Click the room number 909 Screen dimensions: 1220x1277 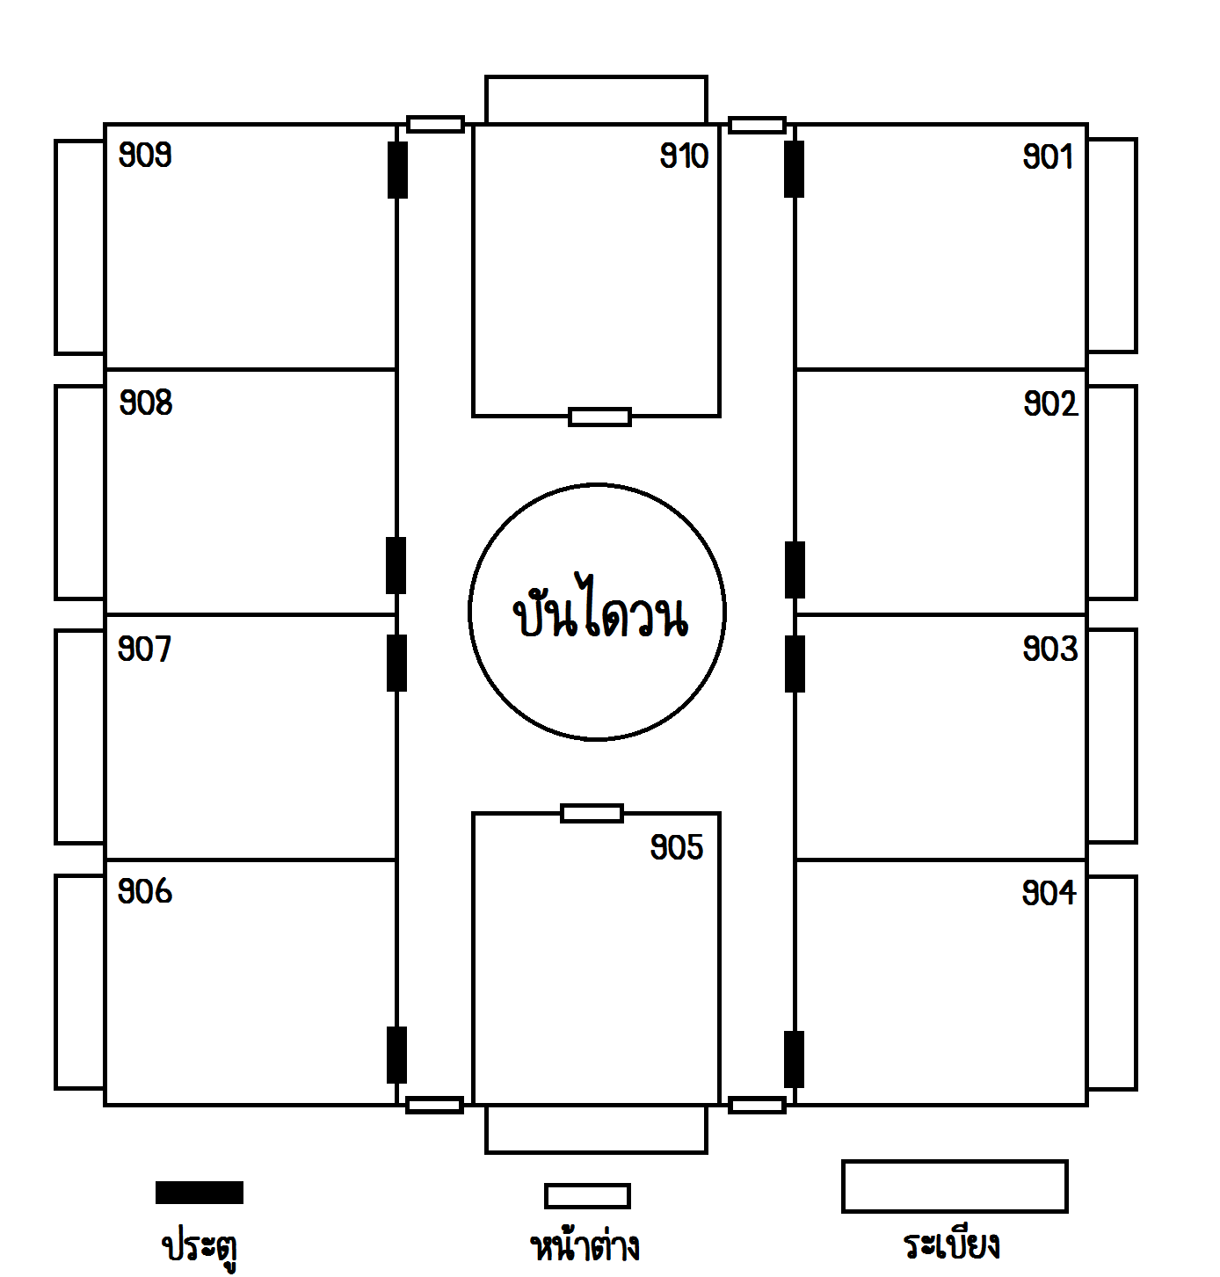(x=145, y=156)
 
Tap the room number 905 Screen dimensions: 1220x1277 (x=677, y=847)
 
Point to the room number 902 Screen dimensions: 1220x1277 (x=1050, y=404)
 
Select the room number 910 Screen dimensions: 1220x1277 (x=685, y=156)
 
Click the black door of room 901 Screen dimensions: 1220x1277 (x=794, y=170)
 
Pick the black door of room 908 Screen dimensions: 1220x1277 (x=396, y=566)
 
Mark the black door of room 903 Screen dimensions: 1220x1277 (x=795, y=664)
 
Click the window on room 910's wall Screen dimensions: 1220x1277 (x=599, y=417)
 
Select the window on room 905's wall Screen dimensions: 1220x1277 (x=592, y=814)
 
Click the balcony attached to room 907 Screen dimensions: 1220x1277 (x=80, y=736)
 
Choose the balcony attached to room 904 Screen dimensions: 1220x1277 (x=1113, y=983)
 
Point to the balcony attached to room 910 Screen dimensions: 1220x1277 (x=596, y=99)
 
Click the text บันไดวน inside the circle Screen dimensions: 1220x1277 (x=600, y=607)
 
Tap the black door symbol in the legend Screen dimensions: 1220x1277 (x=200, y=1193)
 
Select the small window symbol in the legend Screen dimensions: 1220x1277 (x=587, y=1195)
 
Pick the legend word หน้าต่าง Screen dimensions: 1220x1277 (x=585, y=1244)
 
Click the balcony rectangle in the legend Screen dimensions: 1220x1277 (x=955, y=1186)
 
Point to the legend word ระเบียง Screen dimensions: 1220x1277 (x=952, y=1244)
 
